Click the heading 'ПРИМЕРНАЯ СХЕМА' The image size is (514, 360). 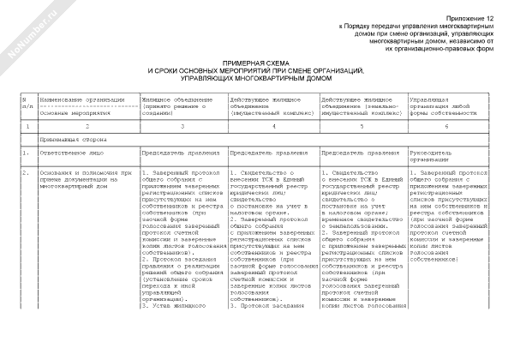[x=256, y=63]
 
